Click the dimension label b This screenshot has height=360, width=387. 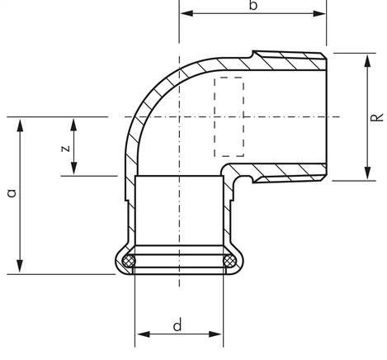coord(253,5)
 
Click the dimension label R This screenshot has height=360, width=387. coord(376,117)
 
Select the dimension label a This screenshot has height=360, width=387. coord(12,193)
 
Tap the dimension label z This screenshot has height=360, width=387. coord(65,149)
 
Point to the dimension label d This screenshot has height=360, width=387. coord(177,324)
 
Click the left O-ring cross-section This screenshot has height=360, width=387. coord(129,261)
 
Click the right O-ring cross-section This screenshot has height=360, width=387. coord(229,261)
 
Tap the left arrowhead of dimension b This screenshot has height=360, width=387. coord(186,13)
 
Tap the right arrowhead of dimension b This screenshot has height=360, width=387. coord(319,13)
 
